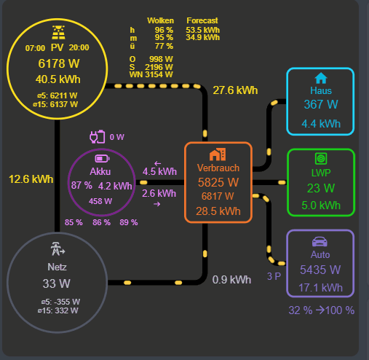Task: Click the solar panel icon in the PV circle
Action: (57, 33)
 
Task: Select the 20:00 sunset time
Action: (79, 47)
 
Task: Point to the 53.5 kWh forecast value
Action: (203, 30)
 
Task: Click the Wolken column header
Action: (160, 20)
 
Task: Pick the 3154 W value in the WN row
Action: (159, 74)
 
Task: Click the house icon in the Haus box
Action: (320, 78)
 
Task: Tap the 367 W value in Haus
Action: (320, 105)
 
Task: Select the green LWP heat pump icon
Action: (320, 158)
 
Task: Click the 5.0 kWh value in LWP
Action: (320, 205)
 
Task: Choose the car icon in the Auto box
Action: (320, 240)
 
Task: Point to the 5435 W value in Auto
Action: (320, 269)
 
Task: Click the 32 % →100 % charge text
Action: (321, 310)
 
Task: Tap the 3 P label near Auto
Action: (274, 276)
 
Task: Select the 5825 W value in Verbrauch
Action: (218, 182)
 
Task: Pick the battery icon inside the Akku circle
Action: (101, 157)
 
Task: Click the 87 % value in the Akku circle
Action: (82, 186)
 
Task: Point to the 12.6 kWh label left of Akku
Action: (31, 179)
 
